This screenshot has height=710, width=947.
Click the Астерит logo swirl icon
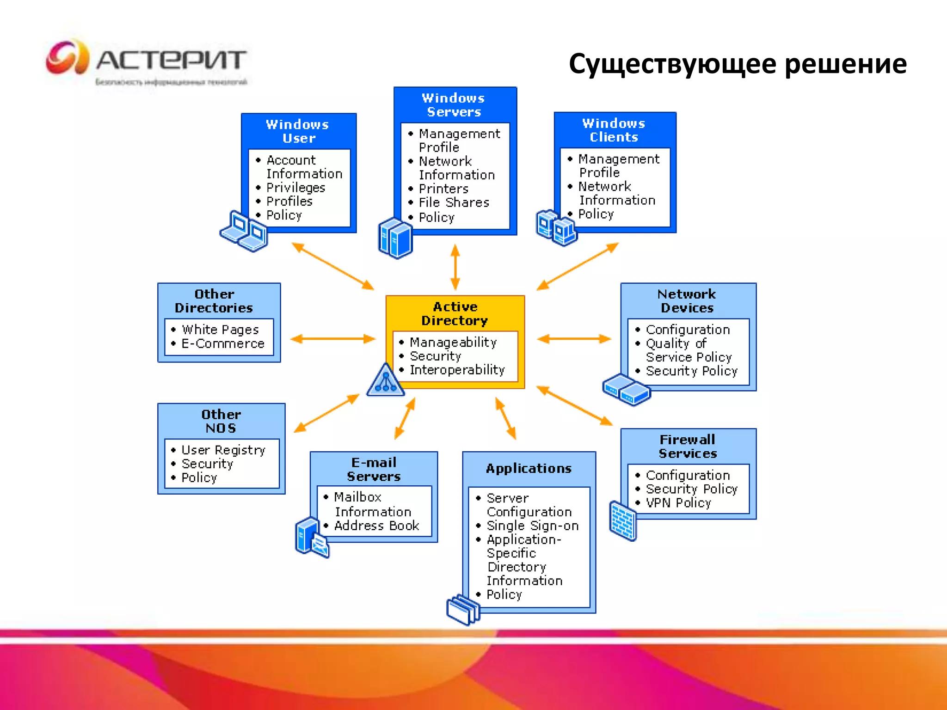point(68,57)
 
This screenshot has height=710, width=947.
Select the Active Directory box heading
point(455,313)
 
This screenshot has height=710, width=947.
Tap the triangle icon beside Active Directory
point(385,380)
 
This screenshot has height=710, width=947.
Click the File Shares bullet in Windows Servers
point(453,202)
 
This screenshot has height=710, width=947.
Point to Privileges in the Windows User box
point(295,188)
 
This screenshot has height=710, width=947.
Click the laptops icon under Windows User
point(244,231)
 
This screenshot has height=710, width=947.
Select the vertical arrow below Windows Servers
point(455,267)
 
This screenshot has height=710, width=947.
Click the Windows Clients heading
point(614,130)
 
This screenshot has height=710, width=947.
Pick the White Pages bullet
point(220,330)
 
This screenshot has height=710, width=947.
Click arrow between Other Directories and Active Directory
point(332,339)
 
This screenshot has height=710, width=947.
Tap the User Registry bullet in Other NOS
point(223,450)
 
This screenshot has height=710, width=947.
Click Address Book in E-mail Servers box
point(376,526)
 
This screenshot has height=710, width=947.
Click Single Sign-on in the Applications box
point(532,526)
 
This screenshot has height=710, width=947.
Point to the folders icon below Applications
point(463,609)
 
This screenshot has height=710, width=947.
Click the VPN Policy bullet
point(678,502)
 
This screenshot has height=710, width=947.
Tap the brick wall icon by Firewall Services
point(622,520)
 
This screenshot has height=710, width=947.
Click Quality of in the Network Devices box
point(676,343)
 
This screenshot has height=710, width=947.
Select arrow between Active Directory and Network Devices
point(574,339)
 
